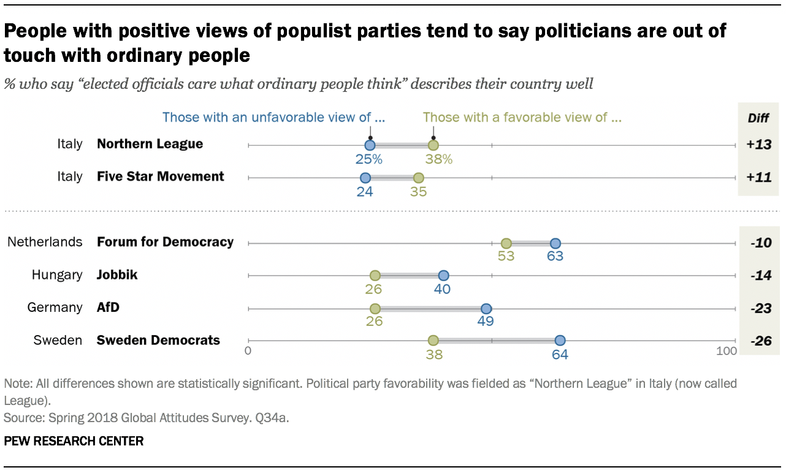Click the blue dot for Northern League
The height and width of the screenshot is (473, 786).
(370, 145)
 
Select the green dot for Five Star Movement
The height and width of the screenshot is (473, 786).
(419, 178)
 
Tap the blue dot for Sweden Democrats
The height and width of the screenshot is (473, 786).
(560, 341)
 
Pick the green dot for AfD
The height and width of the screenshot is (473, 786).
(375, 308)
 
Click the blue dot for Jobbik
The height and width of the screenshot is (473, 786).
(443, 276)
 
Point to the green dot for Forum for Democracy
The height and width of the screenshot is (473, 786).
(506, 243)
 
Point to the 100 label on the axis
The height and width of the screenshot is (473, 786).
(727, 352)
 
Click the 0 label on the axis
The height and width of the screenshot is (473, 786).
(248, 352)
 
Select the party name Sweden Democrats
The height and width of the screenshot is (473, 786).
(158, 340)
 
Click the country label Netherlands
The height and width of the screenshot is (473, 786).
(45, 242)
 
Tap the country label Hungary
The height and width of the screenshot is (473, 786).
(57, 274)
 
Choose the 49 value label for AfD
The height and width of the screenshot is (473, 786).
(486, 321)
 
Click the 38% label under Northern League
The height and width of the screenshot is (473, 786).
(439, 159)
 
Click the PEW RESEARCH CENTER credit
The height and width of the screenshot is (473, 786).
(74, 441)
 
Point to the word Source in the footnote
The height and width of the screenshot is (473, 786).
(20, 418)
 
